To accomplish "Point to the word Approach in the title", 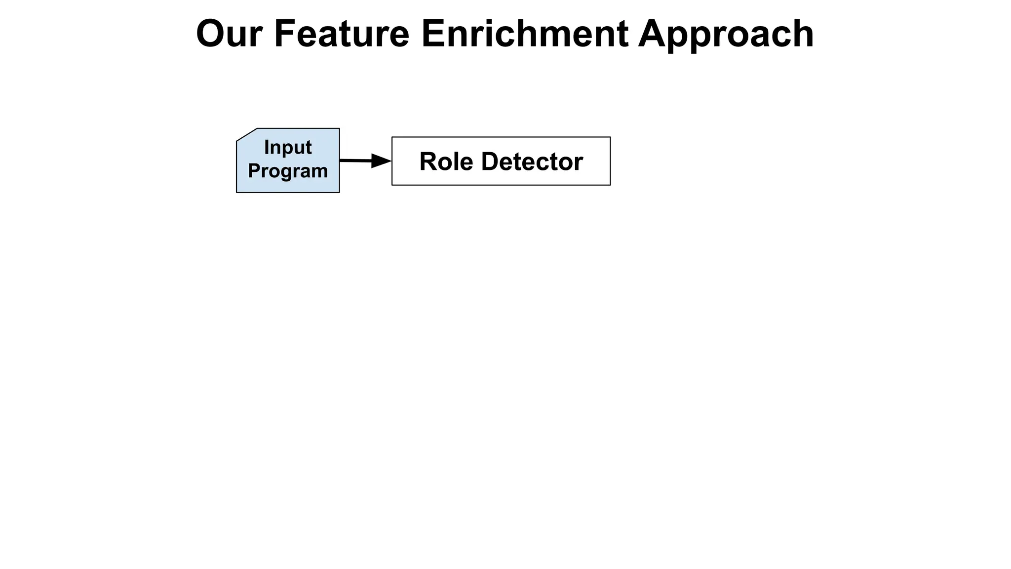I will point(726,35).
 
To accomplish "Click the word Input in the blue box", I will point(288,147).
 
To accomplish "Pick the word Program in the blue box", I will point(288,171).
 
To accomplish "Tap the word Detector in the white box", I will point(532,162).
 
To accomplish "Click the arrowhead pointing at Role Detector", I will point(381,161).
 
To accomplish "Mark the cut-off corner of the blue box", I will point(246,134).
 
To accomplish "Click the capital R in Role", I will point(428,162).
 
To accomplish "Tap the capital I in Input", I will point(267,147).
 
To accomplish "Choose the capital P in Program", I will point(254,171).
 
